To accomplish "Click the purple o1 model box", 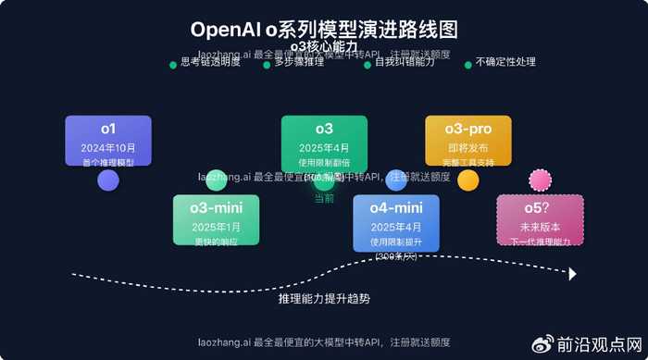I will coord(108,141).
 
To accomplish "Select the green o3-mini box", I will coord(216,219).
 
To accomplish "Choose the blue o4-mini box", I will coord(396,222).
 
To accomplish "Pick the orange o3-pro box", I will coord(467,141).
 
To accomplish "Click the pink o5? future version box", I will coord(540,221).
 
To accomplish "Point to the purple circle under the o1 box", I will coord(108,180).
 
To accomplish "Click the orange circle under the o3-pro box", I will coord(468,180).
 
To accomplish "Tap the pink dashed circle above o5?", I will coord(539,180).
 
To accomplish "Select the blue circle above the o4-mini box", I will coord(396,180).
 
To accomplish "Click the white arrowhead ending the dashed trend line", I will coord(573,274).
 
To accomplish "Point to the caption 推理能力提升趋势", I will coord(324,299).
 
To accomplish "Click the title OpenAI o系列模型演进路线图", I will coord(323,30).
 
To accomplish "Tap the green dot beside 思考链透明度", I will coord(173,65).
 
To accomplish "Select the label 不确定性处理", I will coord(505,63).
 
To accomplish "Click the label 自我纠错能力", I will coord(405,63).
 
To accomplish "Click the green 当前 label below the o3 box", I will coord(324,197).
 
